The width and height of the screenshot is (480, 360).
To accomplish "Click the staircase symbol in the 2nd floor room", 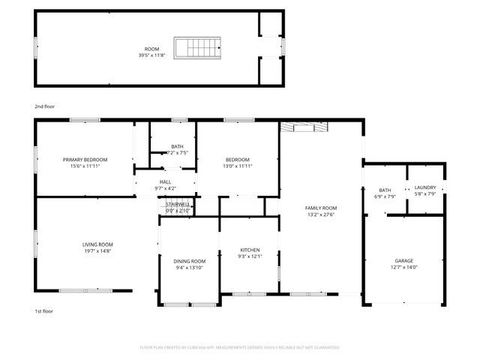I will coord(199,48).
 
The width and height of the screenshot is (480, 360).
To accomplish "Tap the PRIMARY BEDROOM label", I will coord(85,160).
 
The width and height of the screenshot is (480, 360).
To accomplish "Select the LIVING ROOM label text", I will coord(97,244).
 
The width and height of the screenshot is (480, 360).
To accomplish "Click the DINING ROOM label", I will coord(190,261).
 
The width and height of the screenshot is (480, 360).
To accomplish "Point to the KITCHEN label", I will coord(250,250).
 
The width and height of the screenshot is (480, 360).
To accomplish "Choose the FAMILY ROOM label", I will coord(320,208).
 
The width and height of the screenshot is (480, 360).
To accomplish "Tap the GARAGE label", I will coord(404,260).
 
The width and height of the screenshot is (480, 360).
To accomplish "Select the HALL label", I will coord(165,181).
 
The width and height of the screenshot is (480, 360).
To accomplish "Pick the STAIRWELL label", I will coord(178,204).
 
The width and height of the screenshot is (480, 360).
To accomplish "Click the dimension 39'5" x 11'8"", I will coord(152,55).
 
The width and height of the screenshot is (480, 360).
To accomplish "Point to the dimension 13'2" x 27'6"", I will coord(320,214).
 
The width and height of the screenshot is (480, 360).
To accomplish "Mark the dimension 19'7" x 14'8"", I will coord(97,251).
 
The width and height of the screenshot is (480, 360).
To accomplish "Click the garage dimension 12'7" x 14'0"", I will coord(404,267).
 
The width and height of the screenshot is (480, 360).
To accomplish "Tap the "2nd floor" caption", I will coord(44,107).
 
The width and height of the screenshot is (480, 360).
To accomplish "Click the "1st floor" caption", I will coord(43,310).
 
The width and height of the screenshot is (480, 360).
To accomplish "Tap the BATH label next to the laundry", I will coord(385,190).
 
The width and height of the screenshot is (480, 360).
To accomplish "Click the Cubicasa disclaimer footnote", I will coord(240,347).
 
